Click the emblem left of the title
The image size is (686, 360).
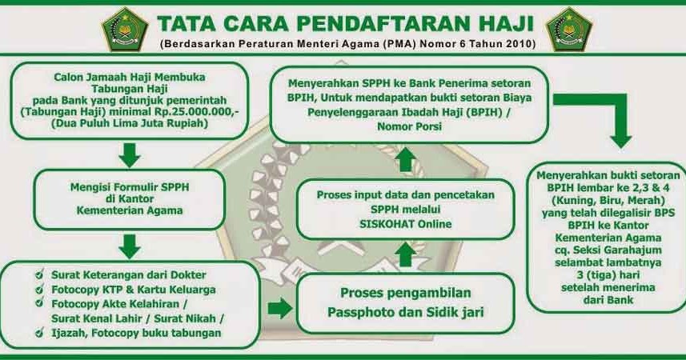pos(125,30)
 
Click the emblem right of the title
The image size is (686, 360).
pos(569,30)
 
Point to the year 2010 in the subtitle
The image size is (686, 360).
pos(520,44)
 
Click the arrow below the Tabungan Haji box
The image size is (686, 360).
pos(130,155)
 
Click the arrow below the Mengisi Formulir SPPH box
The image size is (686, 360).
pos(130,246)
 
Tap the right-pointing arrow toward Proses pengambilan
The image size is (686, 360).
pos(280,308)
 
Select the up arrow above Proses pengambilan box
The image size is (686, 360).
pos(406,254)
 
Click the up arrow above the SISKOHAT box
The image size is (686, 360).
pos(406,159)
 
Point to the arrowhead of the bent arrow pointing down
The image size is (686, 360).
pos(621,142)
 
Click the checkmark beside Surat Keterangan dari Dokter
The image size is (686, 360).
pos(40,274)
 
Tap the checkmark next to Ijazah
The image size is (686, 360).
pos(40,333)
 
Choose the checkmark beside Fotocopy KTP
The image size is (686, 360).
pos(40,289)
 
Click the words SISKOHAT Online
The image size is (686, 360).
pos(406,224)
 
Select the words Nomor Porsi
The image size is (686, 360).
pos(410,126)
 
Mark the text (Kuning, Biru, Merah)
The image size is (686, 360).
pos(608,200)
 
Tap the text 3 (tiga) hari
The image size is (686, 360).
pos(608,275)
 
